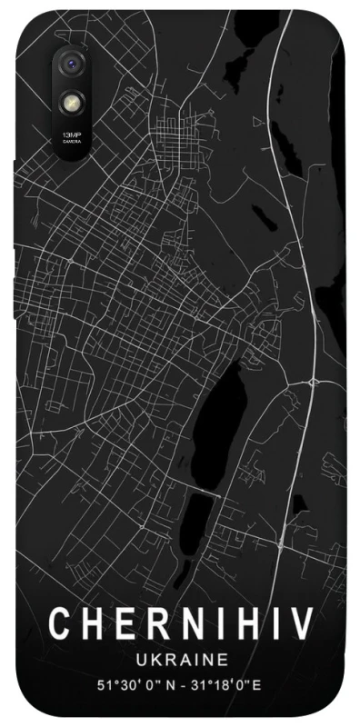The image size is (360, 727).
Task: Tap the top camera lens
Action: pyautogui.click(x=70, y=65)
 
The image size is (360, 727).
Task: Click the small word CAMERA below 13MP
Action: pyautogui.click(x=70, y=141)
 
